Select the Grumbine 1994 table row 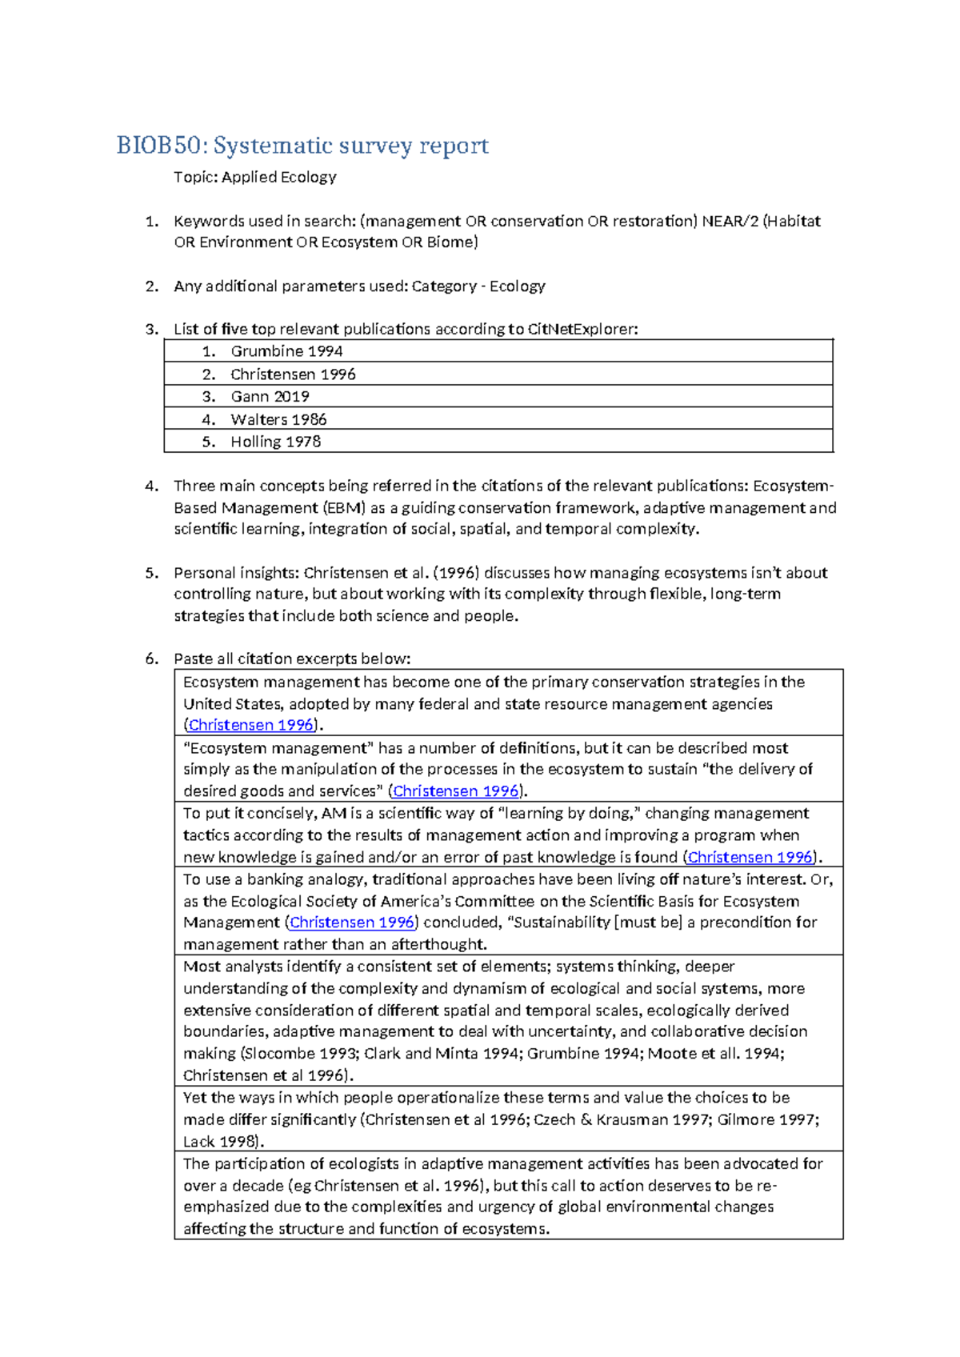286,351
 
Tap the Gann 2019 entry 270,397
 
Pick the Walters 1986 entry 278,419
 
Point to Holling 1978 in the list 275,442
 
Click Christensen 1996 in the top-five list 293,374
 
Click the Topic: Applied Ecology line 254,177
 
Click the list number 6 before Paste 150,659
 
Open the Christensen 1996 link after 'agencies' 250,725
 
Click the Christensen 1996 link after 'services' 456,791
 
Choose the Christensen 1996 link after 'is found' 750,857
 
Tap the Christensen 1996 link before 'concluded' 352,923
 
